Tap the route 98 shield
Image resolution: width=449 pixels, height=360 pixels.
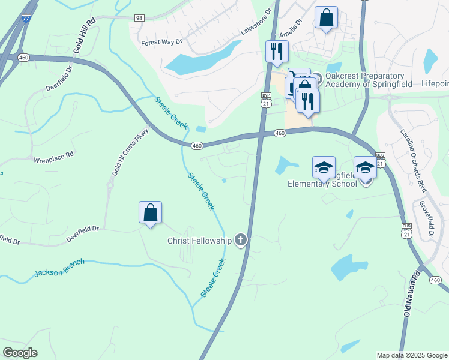click(x=139, y=19)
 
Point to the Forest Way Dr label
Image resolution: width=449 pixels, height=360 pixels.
click(x=160, y=43)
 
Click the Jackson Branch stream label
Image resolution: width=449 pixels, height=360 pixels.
click(x=60, y=268)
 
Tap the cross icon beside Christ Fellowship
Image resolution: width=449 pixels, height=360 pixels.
click(x=240, y=241)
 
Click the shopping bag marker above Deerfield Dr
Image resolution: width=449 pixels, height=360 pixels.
click(x=150, y=213)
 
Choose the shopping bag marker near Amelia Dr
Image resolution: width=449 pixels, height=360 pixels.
click(x=326, y=19)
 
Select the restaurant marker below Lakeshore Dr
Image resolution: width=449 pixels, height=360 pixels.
click(x=277, y=52)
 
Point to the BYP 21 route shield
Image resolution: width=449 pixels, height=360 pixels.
click(x=266, y=100)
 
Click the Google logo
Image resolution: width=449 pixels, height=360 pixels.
click(x=20, y=353)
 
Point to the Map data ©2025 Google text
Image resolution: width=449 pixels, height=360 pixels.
click(x=411, y=355)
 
